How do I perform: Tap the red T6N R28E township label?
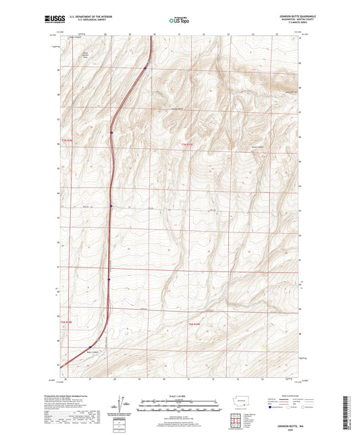(x=66, y=322)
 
